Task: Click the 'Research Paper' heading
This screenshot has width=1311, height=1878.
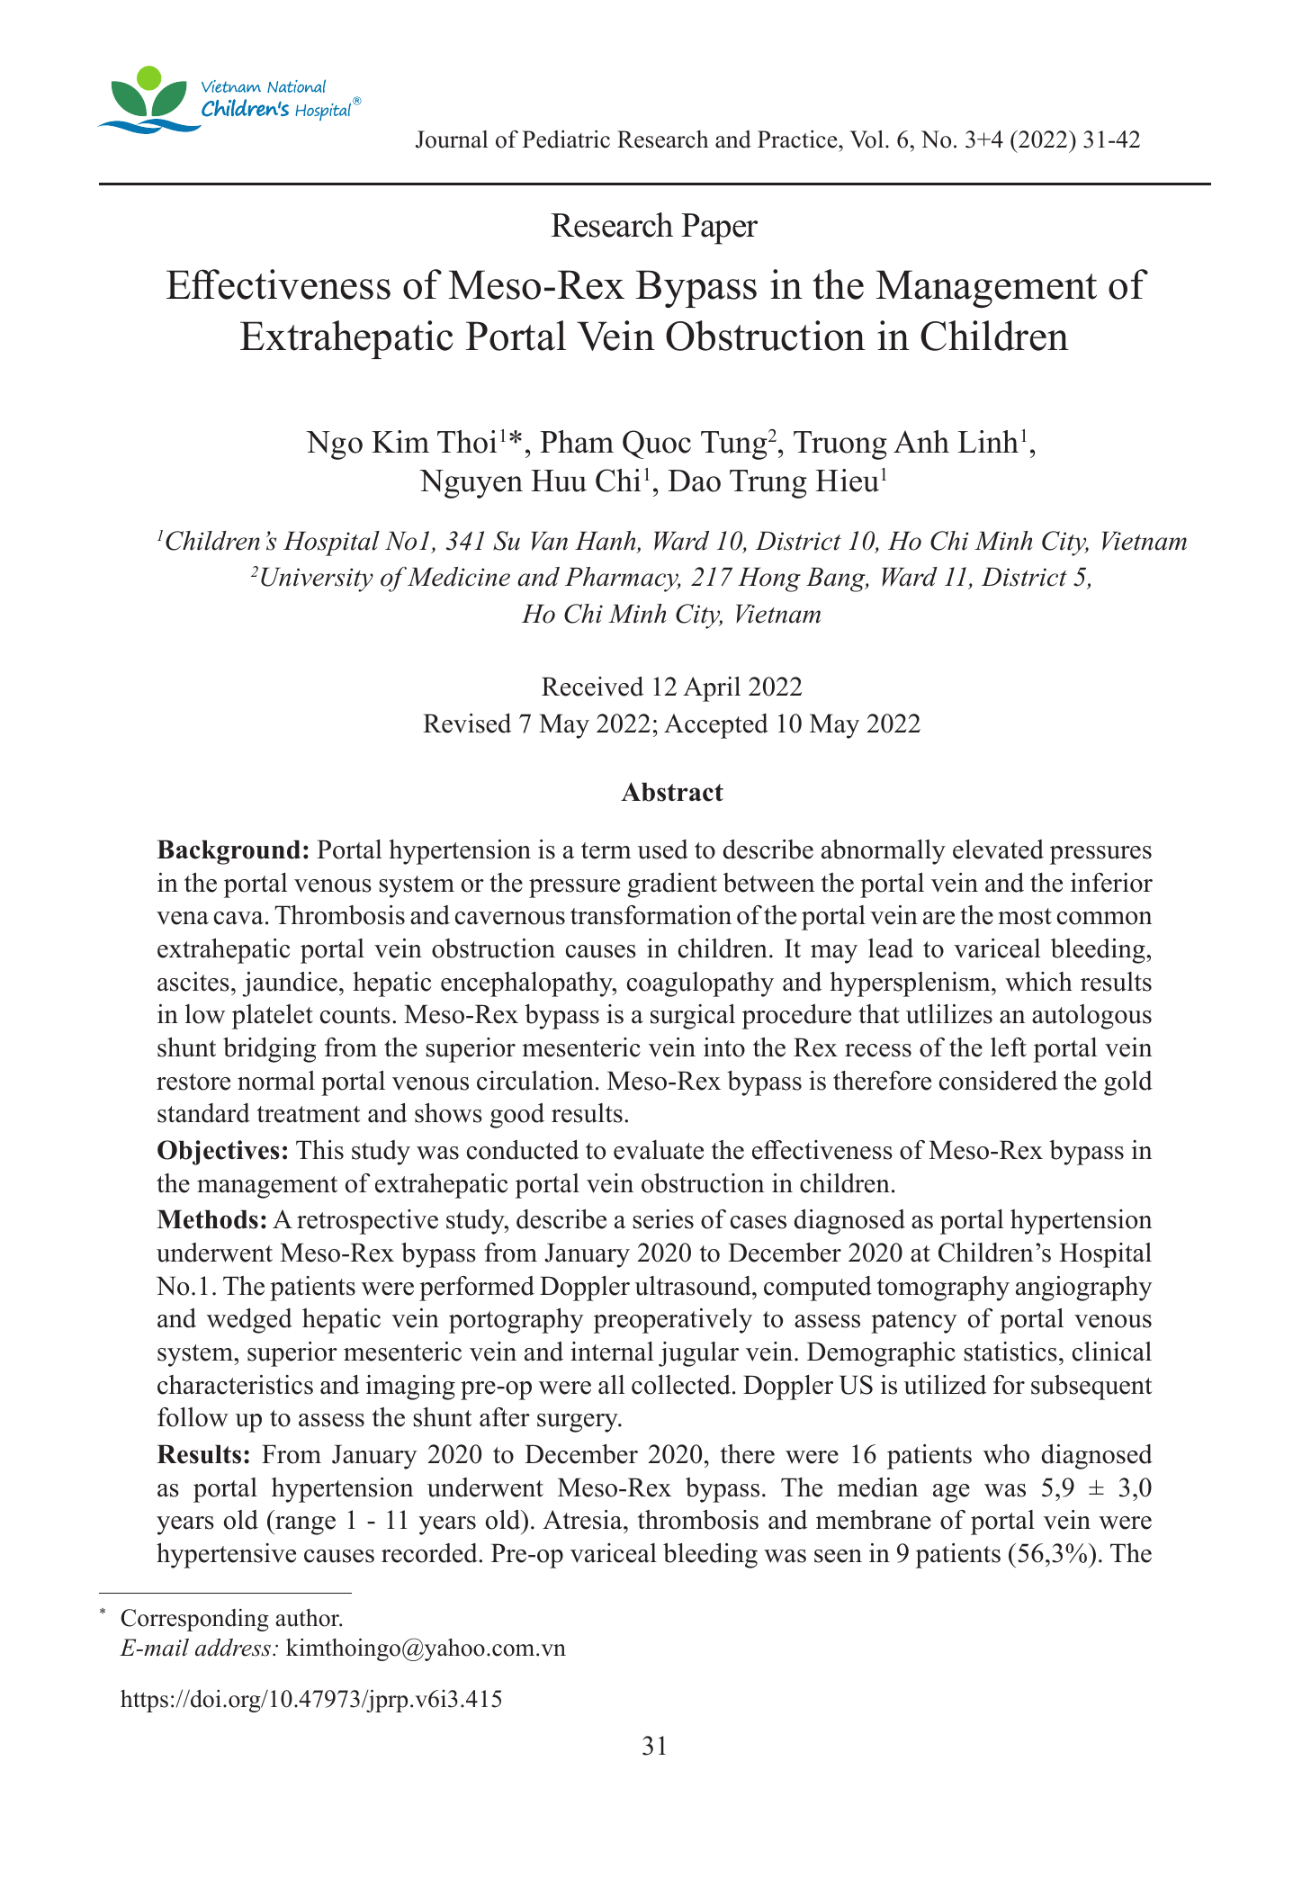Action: click(x=654, y=226)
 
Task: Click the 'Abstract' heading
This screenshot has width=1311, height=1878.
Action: click(x=672, y=793)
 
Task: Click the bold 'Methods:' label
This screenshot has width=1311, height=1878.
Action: click(x=211, y=1220)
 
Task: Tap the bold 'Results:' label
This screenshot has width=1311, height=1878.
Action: click(x=208, y=1455)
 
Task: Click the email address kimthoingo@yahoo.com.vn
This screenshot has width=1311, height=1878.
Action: click(x=426, y=1649)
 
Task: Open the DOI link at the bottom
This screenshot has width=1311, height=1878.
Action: click(x=310, y=1700)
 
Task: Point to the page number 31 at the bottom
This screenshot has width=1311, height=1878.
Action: click(x=654, y=1747)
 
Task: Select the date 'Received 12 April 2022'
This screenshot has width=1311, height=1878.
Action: click(x=671, y=687)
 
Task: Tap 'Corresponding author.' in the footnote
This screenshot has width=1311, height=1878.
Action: click(x=231, y=1618)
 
